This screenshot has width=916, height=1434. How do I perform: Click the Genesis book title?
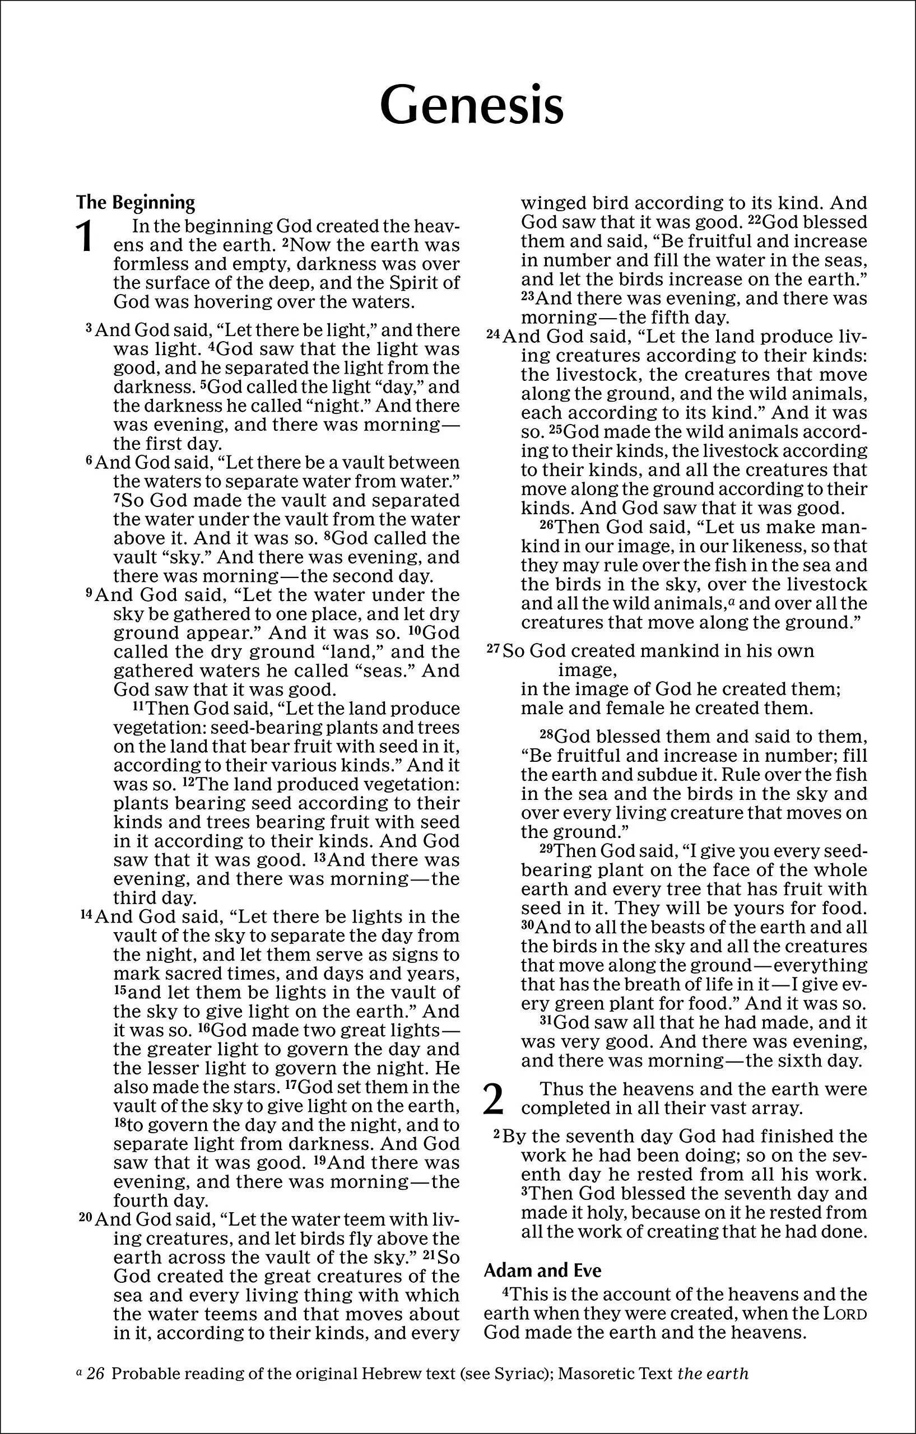tap(471, 105)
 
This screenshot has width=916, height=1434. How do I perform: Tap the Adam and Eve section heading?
tap(542, 1270)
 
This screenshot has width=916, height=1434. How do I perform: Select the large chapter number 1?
tap(86, 236)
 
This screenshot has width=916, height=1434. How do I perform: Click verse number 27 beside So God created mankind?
tap(492, 649)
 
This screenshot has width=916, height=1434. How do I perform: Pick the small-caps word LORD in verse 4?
tap(846, 1313)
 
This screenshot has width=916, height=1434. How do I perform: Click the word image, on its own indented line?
tap(587, 670)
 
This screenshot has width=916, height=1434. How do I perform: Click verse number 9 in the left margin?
tap(89, 593)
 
